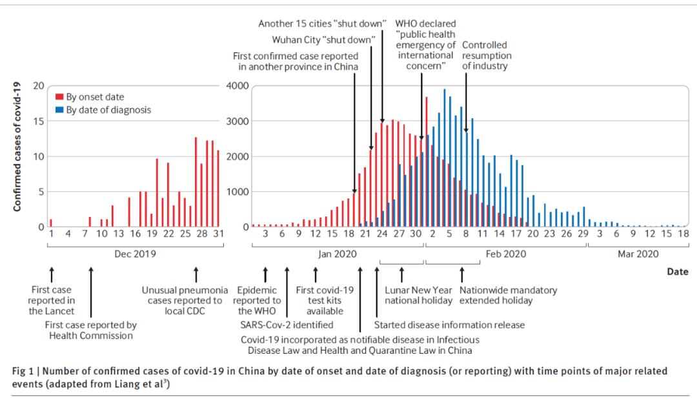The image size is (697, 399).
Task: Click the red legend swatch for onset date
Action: (60, 97)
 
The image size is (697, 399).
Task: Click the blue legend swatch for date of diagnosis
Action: (60, 110)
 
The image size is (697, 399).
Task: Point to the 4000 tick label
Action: (237, 86)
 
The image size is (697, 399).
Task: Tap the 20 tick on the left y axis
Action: (39, 86)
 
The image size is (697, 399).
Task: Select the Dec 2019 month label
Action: (135, 254)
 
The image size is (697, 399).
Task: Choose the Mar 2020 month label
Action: (638, 254)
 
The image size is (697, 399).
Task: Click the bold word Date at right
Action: (678, 272)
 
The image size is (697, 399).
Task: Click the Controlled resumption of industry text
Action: (485, 56)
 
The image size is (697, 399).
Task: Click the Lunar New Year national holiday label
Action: (419, 296)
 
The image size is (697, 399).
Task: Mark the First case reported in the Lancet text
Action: (52, 300)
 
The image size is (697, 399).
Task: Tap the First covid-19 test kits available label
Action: (325, 300)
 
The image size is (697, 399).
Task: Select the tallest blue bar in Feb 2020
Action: (445, 158)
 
